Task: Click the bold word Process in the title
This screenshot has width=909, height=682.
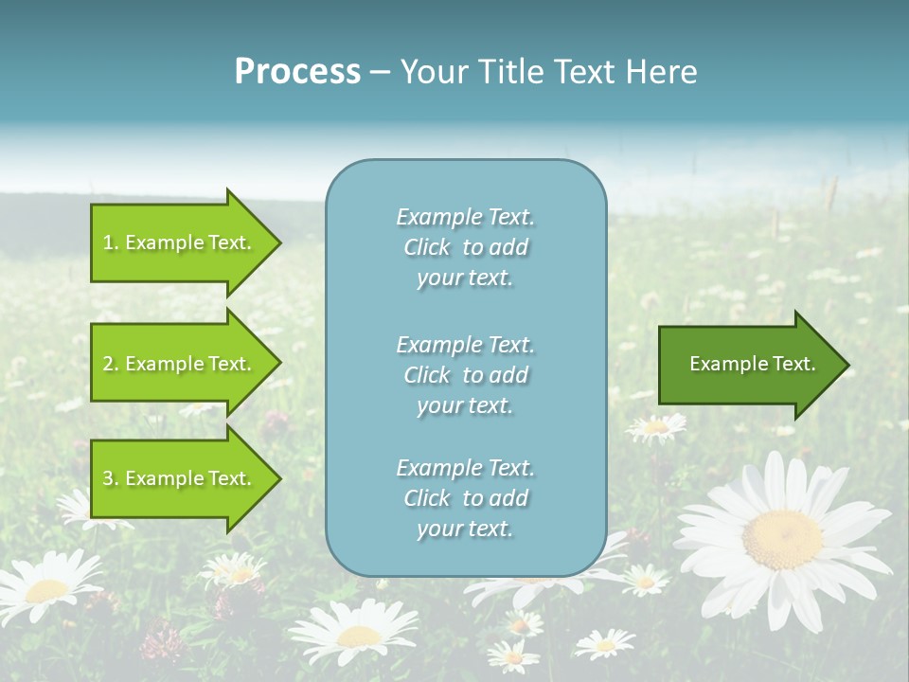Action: (297, 72)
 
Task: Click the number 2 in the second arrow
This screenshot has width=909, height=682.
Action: (108, 364)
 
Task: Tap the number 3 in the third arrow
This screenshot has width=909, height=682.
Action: (108, 478)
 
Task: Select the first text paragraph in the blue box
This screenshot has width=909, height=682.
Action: (465, 247)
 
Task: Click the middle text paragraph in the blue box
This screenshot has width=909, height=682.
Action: (465, 375)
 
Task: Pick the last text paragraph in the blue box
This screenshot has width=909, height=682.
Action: (465, 498)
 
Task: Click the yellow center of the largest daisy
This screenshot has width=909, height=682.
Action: (782, 539)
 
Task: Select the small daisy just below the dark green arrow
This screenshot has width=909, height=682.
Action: (655, 427)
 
